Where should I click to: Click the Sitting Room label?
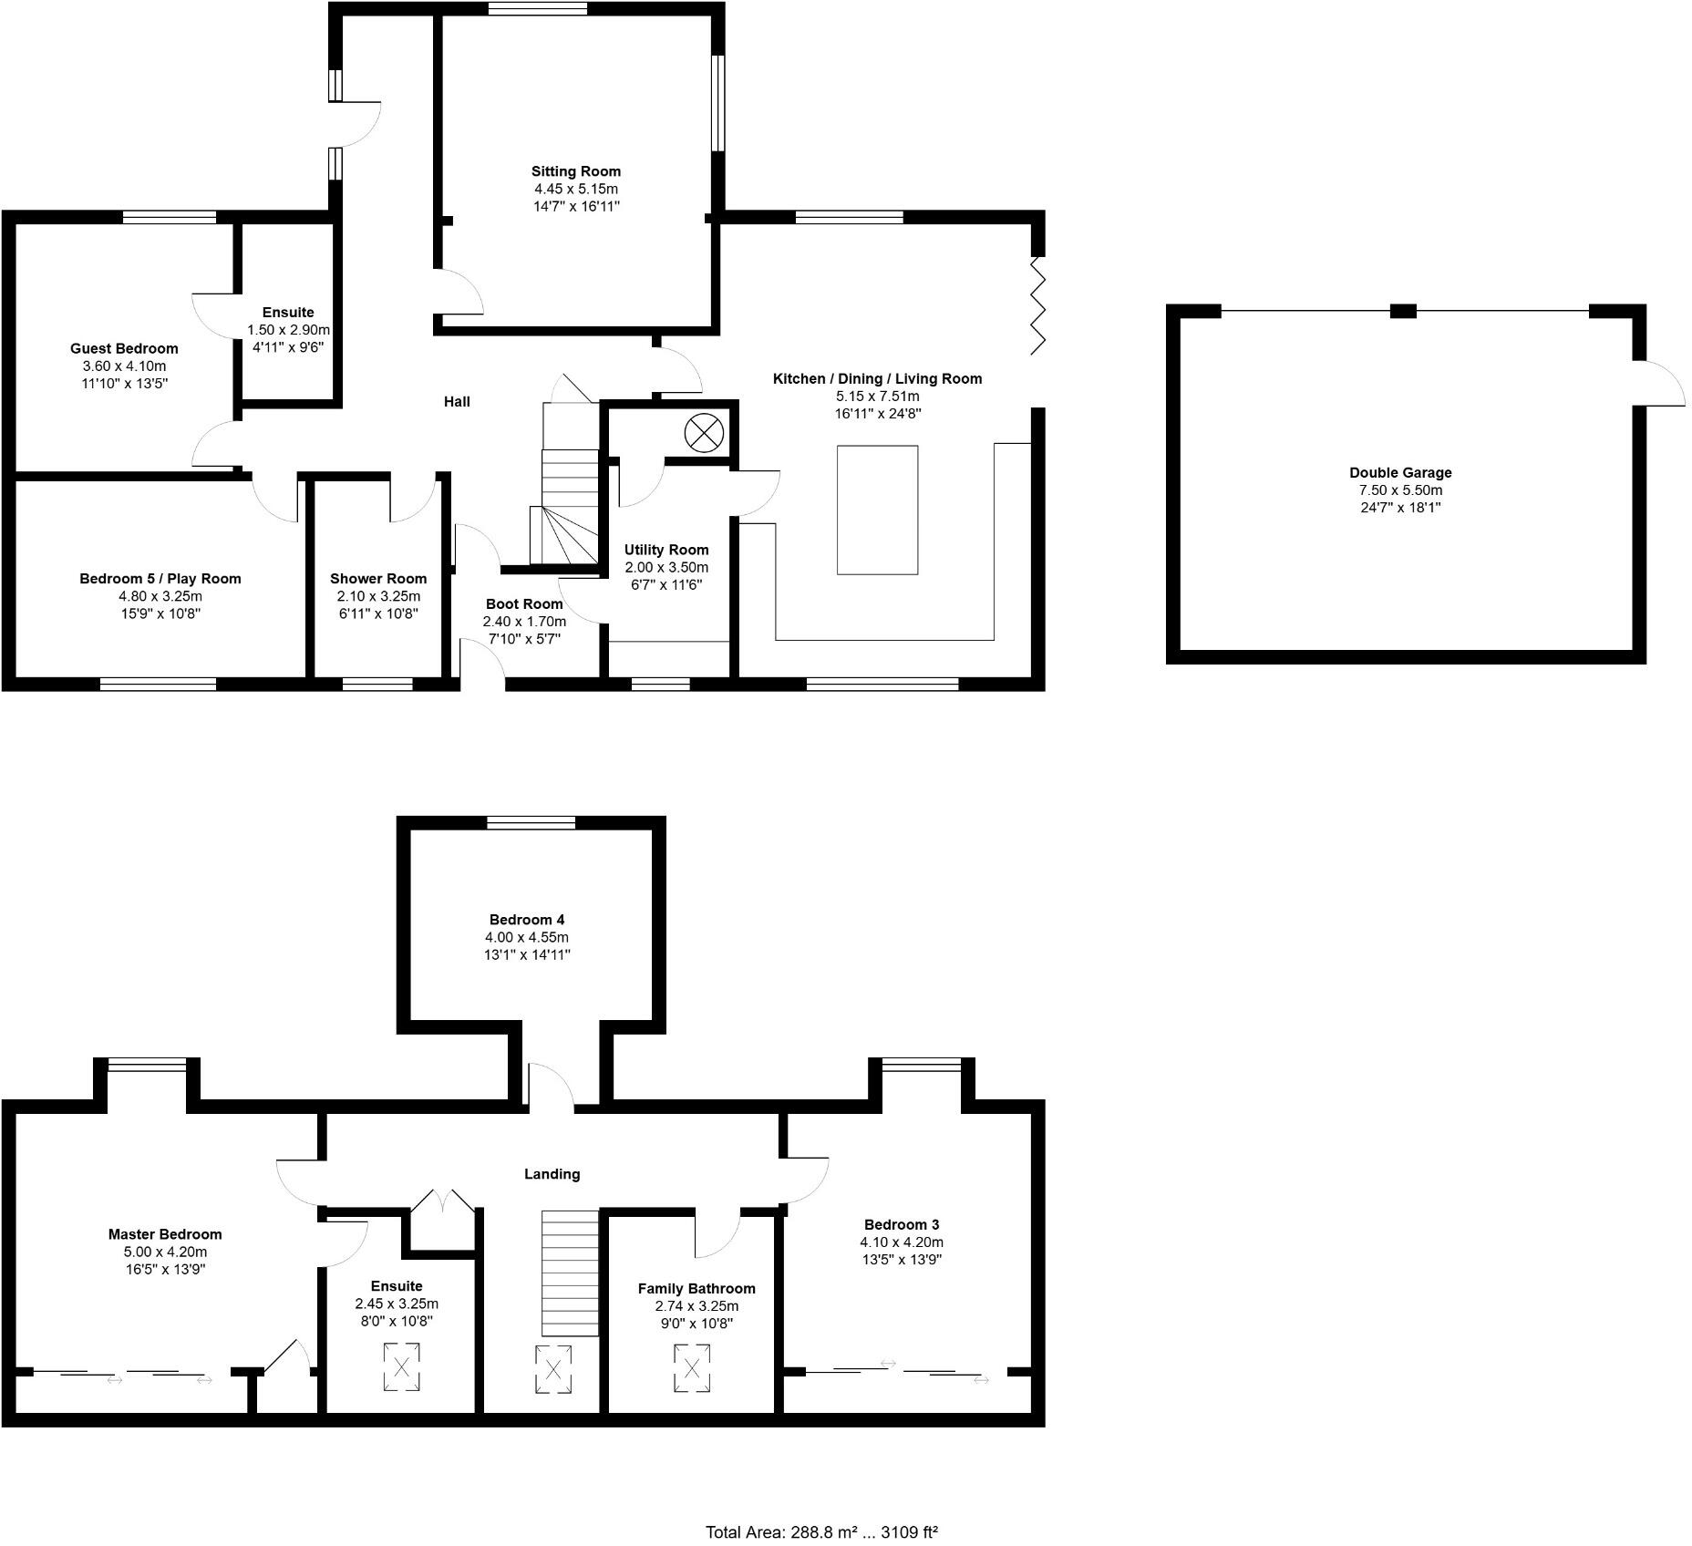click(x=575, y=171)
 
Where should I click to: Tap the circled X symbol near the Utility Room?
click(x=703, y=432)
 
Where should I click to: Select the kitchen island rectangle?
click(x=877, y=510)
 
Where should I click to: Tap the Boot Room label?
click(x=523, y=604)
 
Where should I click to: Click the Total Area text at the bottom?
click(x=821, y=1531)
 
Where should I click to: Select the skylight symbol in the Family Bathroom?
click(x=691, y=1368)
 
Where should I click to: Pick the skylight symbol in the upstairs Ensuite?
click(x=401, y=1366)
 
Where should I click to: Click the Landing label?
click(x=552, y=1174)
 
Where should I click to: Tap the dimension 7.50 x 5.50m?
click(x=1400, y=490)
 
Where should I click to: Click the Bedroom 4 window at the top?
click(x=531, y=823)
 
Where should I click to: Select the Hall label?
click(x=457, y=402)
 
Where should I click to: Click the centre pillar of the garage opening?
click(x=1402, y=312)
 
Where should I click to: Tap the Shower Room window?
click(x=377, y=684)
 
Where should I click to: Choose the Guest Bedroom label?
click(x=124, y=348)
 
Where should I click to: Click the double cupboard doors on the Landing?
click(x=441, y=1201)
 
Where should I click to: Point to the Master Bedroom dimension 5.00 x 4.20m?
click(x=165, y=1252)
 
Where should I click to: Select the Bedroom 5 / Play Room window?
click(x=158, y=684)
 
